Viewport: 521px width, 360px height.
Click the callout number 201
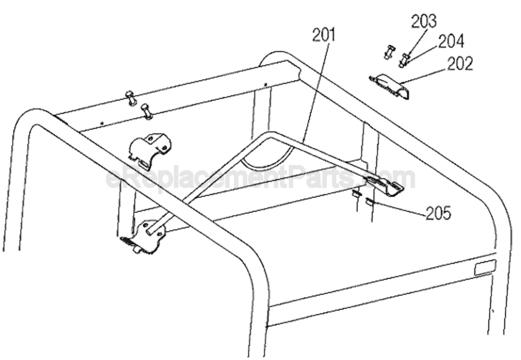324,35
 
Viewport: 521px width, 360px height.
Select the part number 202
460,64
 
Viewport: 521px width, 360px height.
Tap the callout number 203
424,22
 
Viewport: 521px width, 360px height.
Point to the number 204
451,41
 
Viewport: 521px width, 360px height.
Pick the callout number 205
438,213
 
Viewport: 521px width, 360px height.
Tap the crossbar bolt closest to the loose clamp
146,111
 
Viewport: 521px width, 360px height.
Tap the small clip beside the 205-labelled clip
356,194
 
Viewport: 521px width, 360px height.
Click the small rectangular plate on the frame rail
485,267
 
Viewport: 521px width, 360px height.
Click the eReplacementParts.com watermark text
260,178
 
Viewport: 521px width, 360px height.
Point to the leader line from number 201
315,92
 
